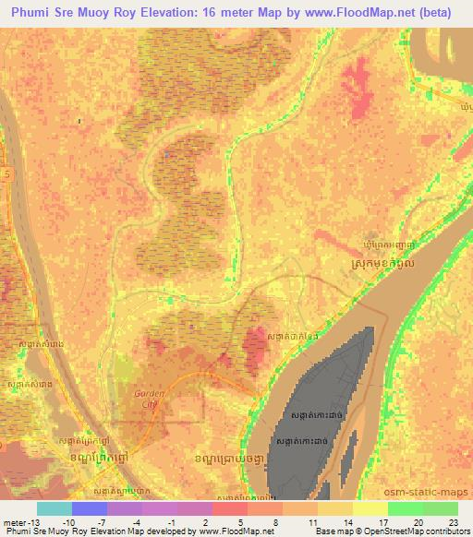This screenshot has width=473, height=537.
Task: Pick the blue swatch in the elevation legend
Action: (90, 508)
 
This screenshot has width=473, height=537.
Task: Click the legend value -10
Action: (68, 521)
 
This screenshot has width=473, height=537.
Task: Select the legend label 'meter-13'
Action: (20, 521)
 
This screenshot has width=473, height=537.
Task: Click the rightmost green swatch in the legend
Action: (440, 508)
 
